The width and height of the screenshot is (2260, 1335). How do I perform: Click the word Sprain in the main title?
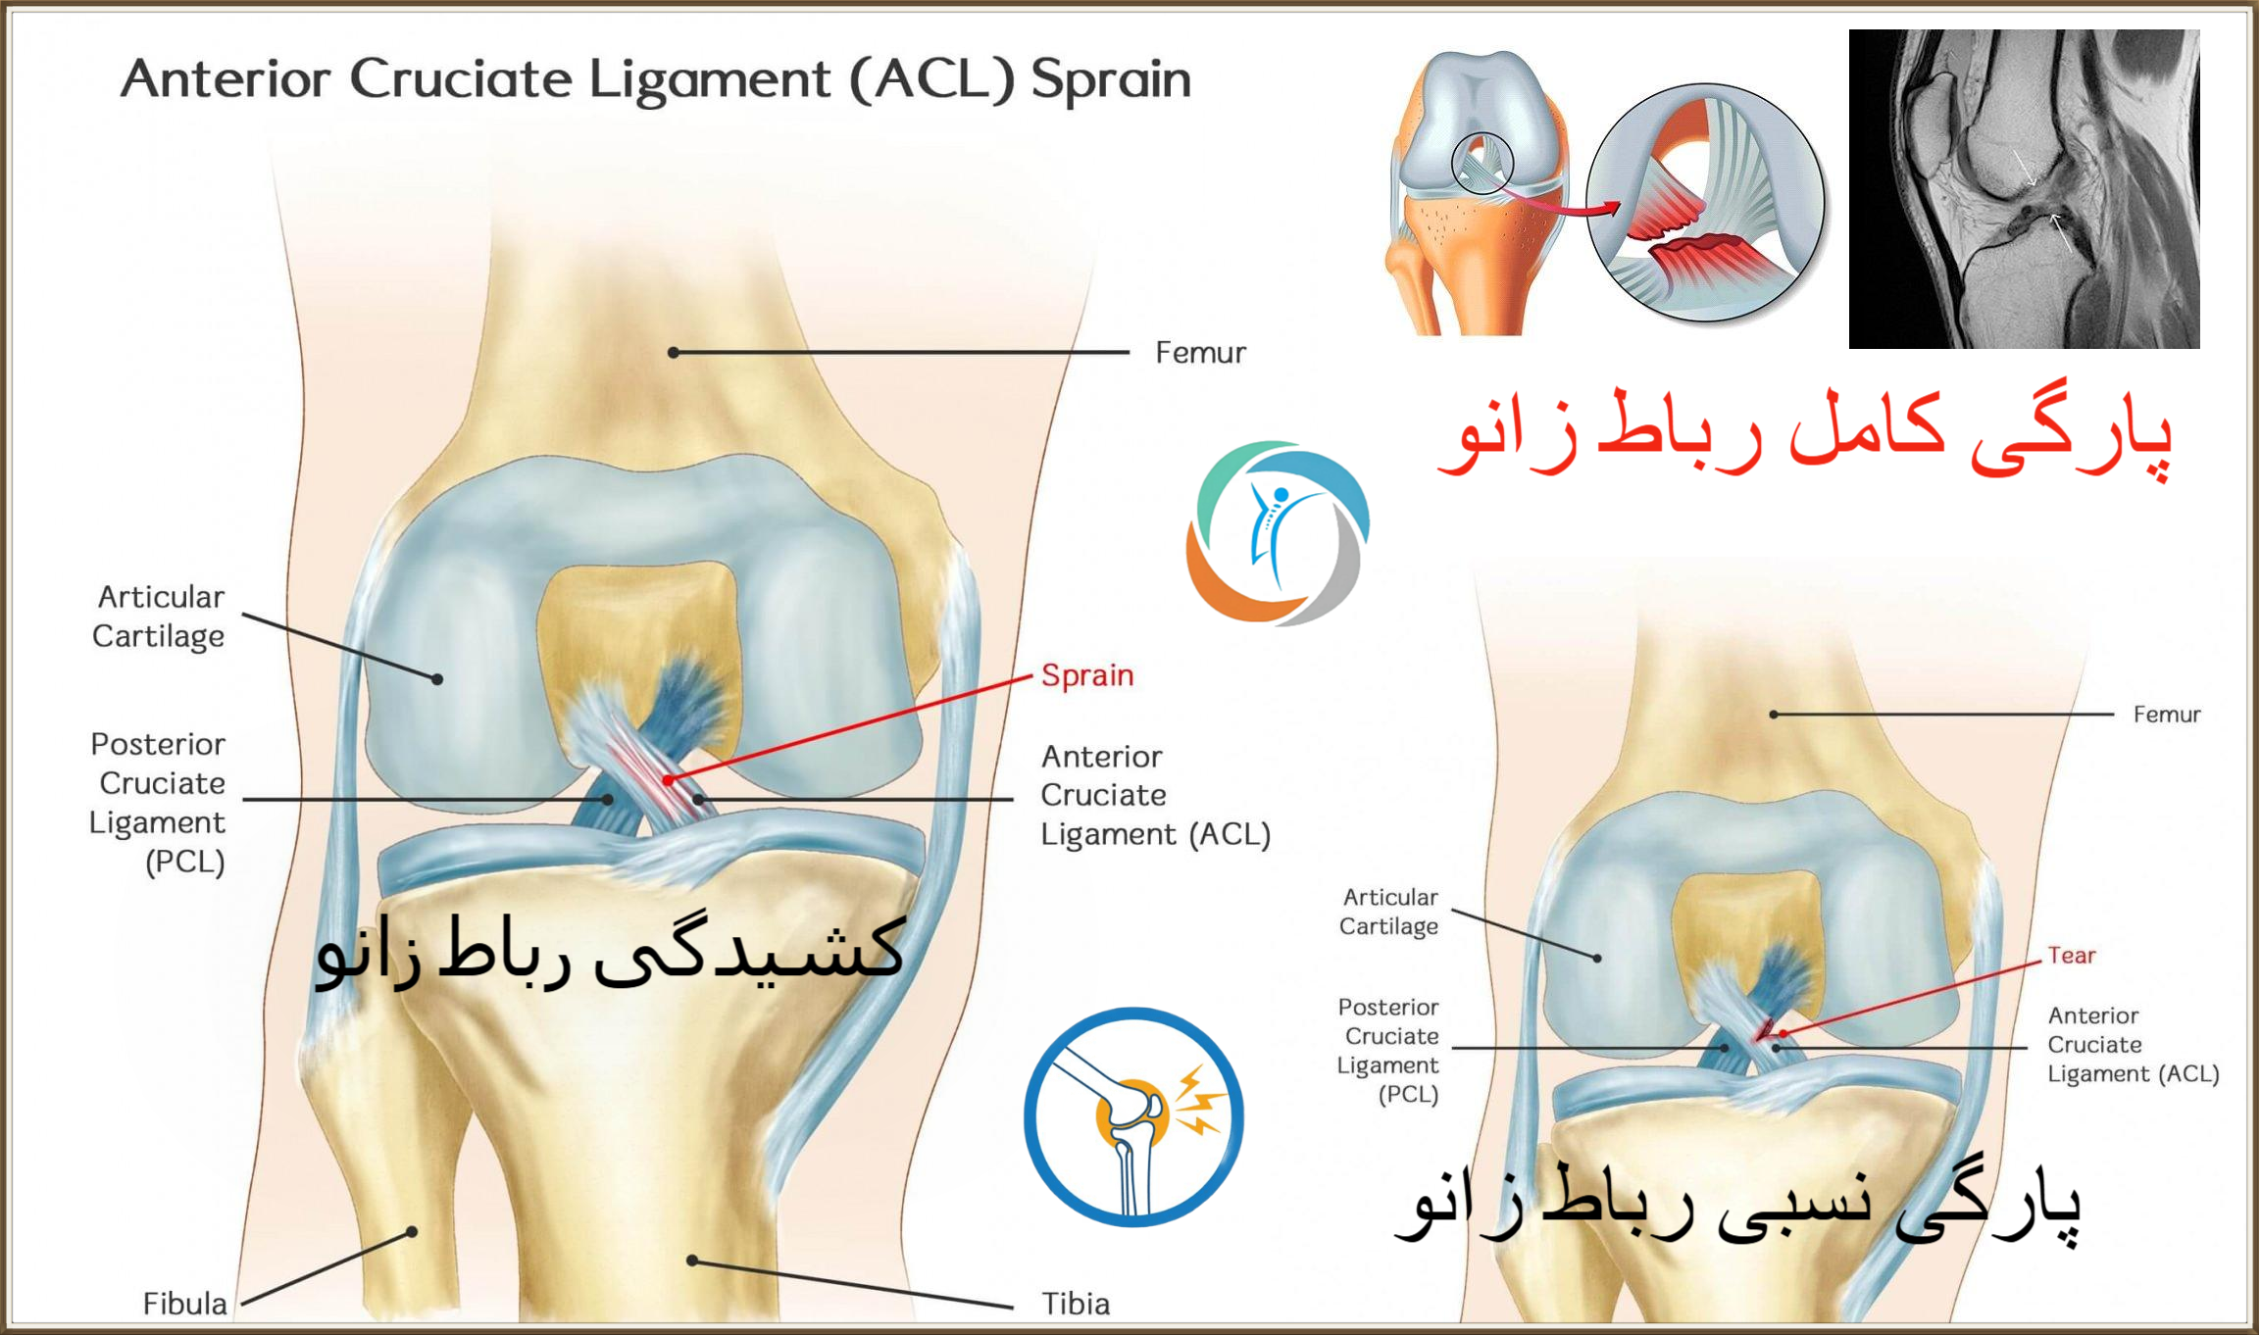(x=1111, y=80)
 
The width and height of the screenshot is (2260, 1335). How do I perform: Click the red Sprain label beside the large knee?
(x=1087, y=675)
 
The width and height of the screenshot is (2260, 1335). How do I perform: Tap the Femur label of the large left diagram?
(x=1200, y=353)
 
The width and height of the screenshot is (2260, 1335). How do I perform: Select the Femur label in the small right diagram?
(x=2167, y=715)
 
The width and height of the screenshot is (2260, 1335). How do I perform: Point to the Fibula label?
(x=184, y=1304)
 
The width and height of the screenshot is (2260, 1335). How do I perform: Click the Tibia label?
(x=1076, y=1304)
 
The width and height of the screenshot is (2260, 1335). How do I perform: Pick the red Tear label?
(x=2071, y=956)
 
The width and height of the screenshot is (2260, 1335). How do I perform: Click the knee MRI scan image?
(x=2024, y=189)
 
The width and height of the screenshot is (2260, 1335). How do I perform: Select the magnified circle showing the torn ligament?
(x=1706, y=203)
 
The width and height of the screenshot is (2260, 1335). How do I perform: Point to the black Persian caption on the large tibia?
(x=610, y=951)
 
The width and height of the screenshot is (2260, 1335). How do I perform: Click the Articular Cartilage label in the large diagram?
(x=159, y=617)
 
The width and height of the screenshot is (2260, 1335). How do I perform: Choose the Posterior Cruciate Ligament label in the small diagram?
(x=1388, y=1051)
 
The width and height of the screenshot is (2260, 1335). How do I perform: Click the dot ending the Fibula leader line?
(x=413, y=1232)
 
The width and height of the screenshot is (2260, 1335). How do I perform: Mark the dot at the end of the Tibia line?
(x=692, y=1261)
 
